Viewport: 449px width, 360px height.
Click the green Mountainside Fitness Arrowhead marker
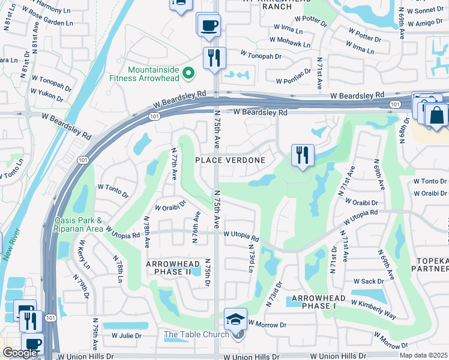[x=188, y=73]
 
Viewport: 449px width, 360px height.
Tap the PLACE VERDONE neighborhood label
[x=231, y=160]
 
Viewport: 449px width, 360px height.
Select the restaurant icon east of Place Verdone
[x=303, y=155]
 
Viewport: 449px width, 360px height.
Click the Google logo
[x=19, y=353]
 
